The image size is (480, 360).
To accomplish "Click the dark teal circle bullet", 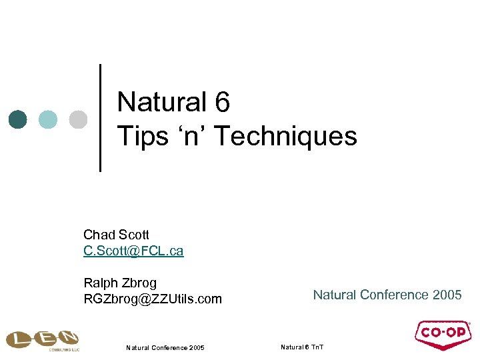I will pos(18,119).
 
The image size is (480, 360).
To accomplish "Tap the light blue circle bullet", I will pos(48,119).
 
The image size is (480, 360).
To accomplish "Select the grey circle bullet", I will pos(78,119).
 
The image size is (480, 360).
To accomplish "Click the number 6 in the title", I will pos(222,103).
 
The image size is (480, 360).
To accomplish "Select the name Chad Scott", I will pos(116,235).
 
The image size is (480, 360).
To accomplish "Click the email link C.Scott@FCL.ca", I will pos(133,251).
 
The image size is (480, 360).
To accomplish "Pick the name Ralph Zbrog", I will pos(120,283).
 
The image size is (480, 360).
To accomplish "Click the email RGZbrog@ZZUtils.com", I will pos(152,299).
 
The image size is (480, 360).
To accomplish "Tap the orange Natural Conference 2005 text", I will pos(387,295).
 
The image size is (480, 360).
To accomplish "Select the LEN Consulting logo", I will pos(42,339).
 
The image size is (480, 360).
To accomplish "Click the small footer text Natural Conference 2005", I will pos(165,347).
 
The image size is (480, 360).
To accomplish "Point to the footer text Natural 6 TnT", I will pos(302,347).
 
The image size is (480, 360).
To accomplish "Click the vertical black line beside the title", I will pos(100,118).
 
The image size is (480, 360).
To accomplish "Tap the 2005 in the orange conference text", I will pos(447,295).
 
